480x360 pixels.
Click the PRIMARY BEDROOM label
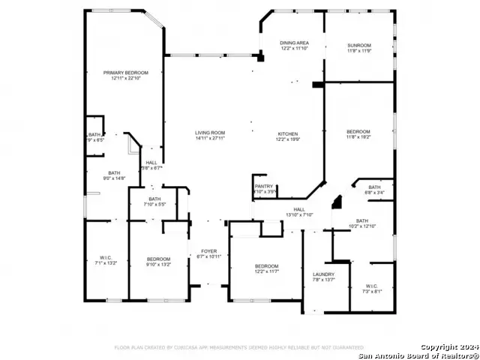(126, 73)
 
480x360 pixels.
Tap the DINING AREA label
(294, 43)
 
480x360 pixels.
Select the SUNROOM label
(359, 46)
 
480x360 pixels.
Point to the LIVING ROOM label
(210, 133)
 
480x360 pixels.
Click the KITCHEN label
(289, 133)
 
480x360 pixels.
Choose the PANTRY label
(264, 186)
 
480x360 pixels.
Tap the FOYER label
(208, 251)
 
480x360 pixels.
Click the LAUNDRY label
(323, 274)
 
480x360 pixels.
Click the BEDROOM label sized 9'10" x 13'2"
(158, 259)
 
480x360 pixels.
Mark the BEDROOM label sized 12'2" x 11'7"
(266, 266)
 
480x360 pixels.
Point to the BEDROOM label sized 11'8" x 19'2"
(358, 132)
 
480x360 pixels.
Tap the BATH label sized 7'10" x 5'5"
(154, 199)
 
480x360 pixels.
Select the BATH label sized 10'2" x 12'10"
(361, 220)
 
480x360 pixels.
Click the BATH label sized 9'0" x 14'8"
(114, 172)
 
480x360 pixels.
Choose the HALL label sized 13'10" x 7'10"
(298, 209)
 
